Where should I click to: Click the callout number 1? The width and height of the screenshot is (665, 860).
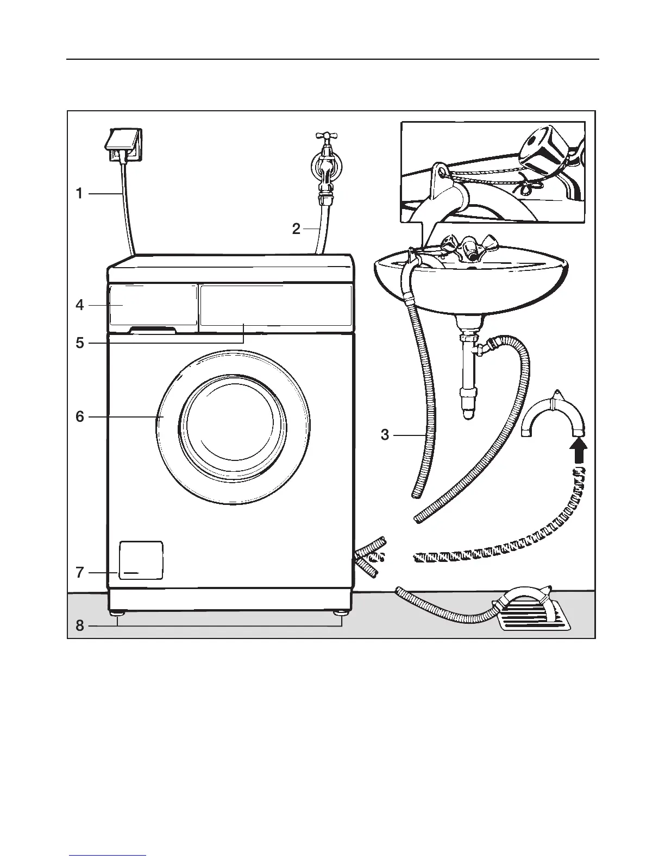click(79, 193)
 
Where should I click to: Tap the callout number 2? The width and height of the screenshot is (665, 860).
click(296, 229)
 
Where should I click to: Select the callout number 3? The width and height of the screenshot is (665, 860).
click(385, 435)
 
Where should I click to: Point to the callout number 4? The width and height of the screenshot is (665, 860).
click(80, 305)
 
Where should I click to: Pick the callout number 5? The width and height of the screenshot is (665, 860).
click(80, 343)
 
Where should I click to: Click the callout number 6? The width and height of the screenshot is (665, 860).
click(80, 416)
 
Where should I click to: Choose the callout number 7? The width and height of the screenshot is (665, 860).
click(80, 572)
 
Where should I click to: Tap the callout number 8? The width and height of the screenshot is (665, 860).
click(80, 626)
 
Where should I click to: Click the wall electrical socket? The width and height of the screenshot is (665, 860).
click(125, 144)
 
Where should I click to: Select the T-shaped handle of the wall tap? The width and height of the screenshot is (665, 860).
click(326, 137)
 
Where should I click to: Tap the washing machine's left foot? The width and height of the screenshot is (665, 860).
click(118, 614)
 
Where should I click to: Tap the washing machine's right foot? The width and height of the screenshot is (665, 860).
click(341, 614)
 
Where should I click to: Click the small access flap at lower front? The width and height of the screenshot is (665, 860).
click(141, 560)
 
